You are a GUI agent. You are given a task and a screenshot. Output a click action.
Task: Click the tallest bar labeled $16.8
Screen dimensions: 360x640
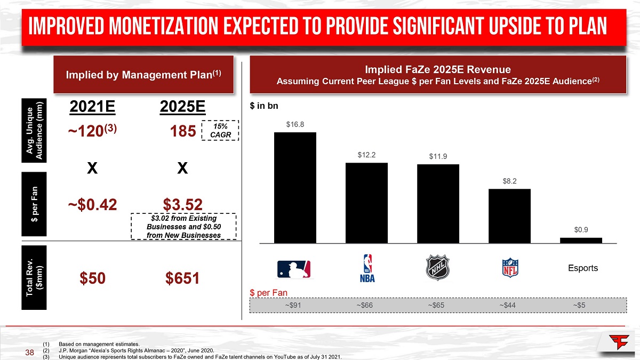(x=295, y=187)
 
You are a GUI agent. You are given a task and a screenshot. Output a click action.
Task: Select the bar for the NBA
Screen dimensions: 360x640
(x=366, y=203)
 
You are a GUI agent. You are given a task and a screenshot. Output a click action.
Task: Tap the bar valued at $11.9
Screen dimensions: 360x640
(x=438, y=203)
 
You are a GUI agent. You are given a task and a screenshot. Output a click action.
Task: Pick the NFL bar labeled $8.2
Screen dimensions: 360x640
(x=509, y=215)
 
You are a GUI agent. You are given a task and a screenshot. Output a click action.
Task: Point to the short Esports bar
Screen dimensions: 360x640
(x=581, y=240)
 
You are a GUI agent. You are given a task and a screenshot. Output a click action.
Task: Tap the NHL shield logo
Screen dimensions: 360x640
(x=438, y=268)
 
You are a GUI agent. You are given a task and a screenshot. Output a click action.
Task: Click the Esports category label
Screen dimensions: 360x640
(x=582, y=268)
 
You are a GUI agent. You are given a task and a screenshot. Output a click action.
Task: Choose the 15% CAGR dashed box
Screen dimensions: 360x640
(x=220, y=130)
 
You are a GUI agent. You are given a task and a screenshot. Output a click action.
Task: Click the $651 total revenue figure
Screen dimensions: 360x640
(x=182, y=278)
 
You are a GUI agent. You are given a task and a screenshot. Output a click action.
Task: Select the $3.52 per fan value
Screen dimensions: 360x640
(x=183, y=203)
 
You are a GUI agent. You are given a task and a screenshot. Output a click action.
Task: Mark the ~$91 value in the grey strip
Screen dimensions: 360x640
(x=294, y=305)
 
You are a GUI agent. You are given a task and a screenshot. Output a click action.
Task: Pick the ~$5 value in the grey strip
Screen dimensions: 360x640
(x=580, y=305)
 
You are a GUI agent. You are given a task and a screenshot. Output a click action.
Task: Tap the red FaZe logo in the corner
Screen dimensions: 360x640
(x=619, y=342)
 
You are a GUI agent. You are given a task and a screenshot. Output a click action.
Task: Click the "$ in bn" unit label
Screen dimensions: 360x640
(x=264, y=106)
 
